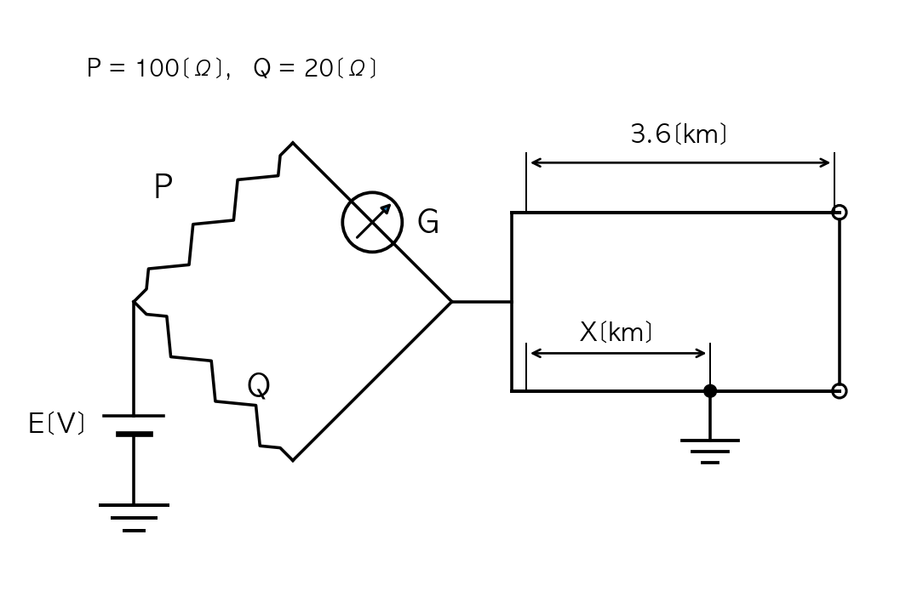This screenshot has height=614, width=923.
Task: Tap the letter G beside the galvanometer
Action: [428, 222]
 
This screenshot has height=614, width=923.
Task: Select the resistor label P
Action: [163, 186]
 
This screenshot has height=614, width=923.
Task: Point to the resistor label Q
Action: [258, 386]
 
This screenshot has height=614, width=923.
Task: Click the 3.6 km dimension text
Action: [679, 134]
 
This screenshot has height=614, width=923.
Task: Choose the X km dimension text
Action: [616, 333]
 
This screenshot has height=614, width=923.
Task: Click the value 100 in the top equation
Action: [158, 68]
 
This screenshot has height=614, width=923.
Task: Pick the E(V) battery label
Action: [56, 423]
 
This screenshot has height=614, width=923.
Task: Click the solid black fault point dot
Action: [710, 390]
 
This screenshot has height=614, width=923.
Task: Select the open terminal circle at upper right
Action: [840, 212]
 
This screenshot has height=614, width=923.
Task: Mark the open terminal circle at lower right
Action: [840, 390]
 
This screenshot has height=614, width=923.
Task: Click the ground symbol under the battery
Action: [135, 518]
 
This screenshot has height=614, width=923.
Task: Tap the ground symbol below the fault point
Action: [710, 451]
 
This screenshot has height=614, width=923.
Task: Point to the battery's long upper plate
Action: [134, 416]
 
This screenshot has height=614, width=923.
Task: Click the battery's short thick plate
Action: [135, 434]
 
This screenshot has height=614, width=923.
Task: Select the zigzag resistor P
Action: [213, 222]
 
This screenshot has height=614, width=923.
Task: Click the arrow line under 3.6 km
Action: [679, 162]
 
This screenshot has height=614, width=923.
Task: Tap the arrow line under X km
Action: [618, 353]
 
